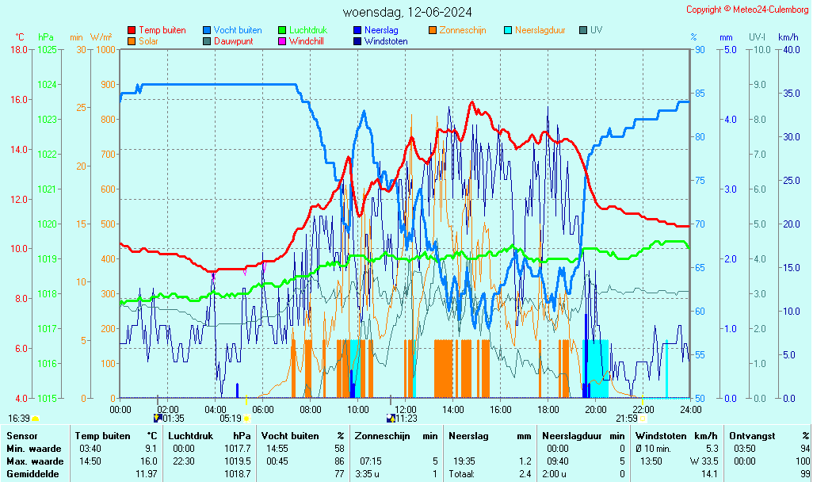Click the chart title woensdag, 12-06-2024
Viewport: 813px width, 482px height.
click(x=407, y=12)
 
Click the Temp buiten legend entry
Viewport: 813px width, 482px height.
click(x=162, y=30)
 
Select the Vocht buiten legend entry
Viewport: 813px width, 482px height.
click(x=237, y=30)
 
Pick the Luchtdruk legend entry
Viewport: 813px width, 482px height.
click(x=307, y=30)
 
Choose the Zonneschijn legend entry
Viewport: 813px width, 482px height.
click(x=462, y=30)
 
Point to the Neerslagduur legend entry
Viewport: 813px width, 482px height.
click(x=540, y=30)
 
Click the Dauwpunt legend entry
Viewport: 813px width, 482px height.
click(x=233, y=41)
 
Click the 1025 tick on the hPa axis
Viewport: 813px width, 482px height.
click(x=48, y=49)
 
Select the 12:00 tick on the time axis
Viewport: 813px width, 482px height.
click(x=405, y=409)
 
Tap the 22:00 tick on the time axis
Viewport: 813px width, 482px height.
click(x=643, y=409)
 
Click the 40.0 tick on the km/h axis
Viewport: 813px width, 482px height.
click(x=789, y=49)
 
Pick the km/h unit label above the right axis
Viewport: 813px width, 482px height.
click(x=788, y=37)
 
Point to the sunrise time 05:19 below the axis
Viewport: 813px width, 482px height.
click(x=230, y=419)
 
